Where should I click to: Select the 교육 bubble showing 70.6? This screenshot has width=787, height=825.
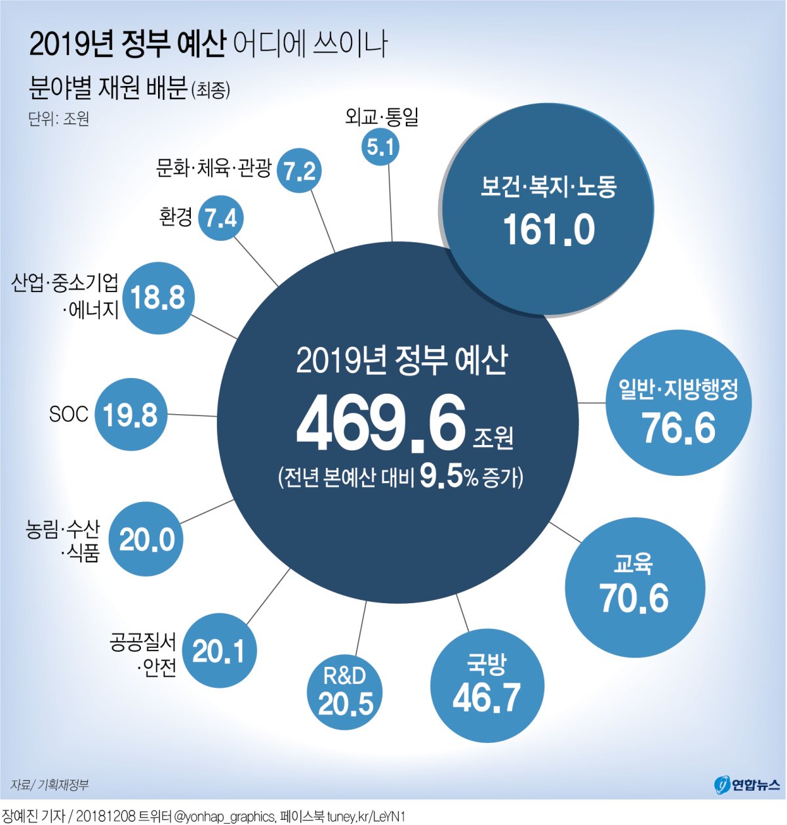tap(635, 588)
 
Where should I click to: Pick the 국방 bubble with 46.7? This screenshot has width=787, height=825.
tap(487, 685)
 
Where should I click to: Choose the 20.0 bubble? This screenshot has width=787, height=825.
tap(146, 539)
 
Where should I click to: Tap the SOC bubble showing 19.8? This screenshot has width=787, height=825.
tap(131, 415)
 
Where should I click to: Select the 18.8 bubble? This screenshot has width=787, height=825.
tap(158, 298)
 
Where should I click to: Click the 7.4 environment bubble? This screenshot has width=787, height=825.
tap(221, 218)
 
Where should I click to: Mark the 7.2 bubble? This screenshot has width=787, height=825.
tap(300, 171)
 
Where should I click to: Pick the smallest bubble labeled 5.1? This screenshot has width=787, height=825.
tap(381, 146)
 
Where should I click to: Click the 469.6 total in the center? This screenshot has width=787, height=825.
tap(381, 423)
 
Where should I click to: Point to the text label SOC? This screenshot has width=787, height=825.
tap(68, 414)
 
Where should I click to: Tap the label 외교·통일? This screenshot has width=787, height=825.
tap(382, 117)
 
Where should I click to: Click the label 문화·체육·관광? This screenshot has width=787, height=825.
tap(214, 169)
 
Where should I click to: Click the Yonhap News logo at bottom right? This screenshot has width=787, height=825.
tap(747, 784)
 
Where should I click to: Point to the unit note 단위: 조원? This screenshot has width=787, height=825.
tap(59, 119)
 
